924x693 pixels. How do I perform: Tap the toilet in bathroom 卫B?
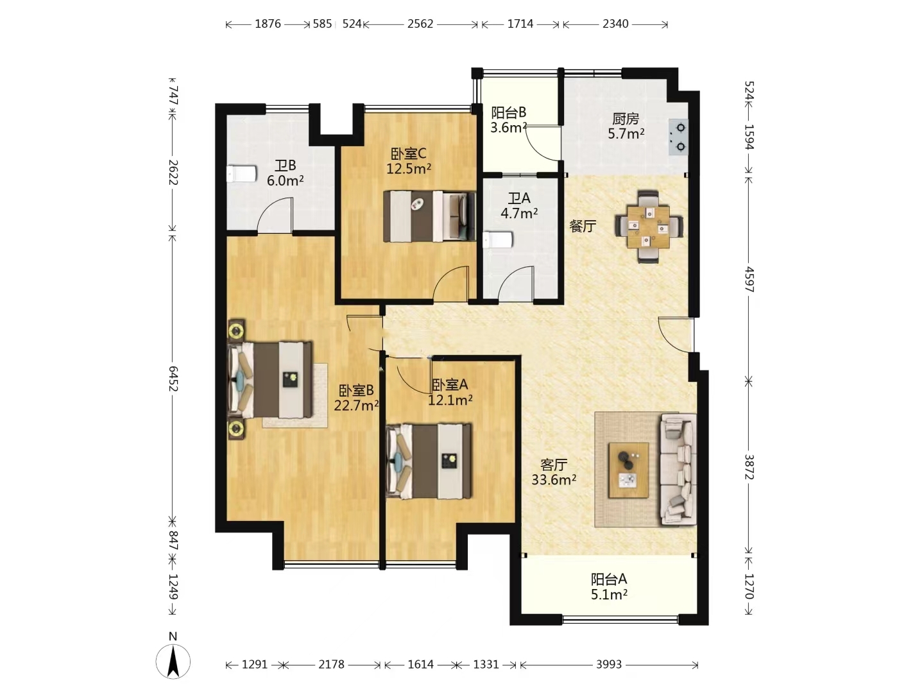241,174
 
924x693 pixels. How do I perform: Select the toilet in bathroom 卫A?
498,240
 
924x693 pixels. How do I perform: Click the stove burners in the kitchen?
680,137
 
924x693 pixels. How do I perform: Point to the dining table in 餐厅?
648,227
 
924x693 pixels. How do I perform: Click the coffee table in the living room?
628,470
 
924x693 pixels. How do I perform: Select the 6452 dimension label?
173,379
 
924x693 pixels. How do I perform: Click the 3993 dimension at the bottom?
609,664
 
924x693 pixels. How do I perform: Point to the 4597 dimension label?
749,279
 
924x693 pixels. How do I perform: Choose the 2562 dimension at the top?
420,24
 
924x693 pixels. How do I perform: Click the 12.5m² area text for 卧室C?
409,169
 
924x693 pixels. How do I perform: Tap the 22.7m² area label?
356,405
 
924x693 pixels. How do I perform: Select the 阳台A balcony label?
609,579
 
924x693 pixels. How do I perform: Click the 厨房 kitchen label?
626,119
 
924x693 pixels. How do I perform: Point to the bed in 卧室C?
429,216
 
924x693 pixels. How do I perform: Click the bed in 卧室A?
429,461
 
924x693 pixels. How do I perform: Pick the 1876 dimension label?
268,24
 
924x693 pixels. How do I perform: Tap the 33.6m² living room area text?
554,480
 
